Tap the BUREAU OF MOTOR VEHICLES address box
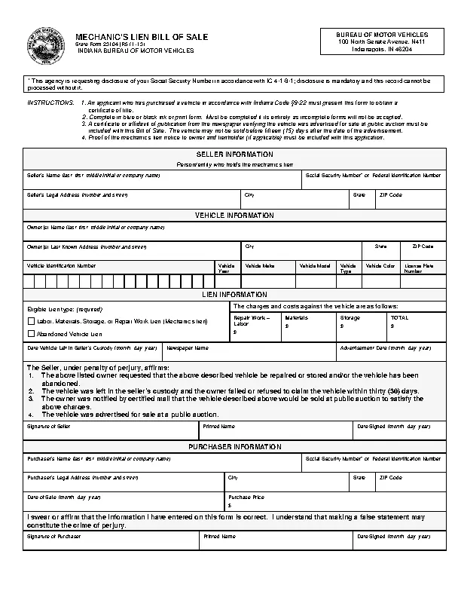(381, 42)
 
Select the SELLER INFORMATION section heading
(234, 154)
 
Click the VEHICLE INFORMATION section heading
(234, 216)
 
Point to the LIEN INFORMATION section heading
(234, 294)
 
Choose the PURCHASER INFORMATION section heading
(234, 447)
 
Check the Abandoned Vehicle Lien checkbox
(31, 333)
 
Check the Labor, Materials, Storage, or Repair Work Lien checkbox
(31, 321)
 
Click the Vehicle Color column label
(380, 266)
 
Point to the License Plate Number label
(417, 268)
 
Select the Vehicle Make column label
(259, 266)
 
